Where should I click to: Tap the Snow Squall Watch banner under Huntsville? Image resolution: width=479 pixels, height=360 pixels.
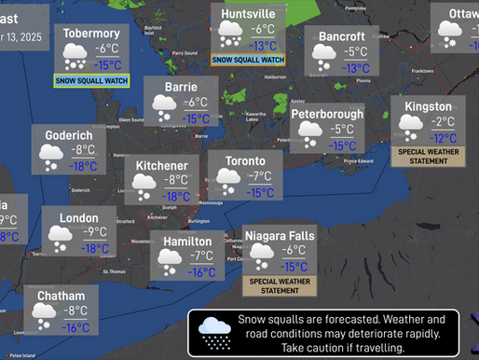pos(248,59)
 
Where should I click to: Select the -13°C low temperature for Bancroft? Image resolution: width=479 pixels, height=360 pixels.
pos(355,68)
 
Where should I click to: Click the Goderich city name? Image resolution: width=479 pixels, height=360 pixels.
pos(68,135)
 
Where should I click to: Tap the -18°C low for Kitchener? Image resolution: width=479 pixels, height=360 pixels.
pos(176,196)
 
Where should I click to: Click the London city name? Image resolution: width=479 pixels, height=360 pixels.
pos(78,217)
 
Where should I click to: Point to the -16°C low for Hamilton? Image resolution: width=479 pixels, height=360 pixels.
pos(202,272)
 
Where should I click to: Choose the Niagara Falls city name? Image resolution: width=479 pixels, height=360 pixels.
pos(280,236)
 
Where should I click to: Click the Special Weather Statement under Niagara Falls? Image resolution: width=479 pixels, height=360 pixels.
pos(280,284)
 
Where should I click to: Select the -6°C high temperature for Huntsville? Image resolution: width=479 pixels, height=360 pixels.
pos(263,29)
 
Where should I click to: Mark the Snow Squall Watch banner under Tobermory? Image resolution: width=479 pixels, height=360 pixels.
pos(91,80)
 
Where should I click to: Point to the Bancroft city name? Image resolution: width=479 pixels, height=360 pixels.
pos(341,36)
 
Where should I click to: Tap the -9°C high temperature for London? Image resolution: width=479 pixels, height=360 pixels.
pos(94,232)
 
